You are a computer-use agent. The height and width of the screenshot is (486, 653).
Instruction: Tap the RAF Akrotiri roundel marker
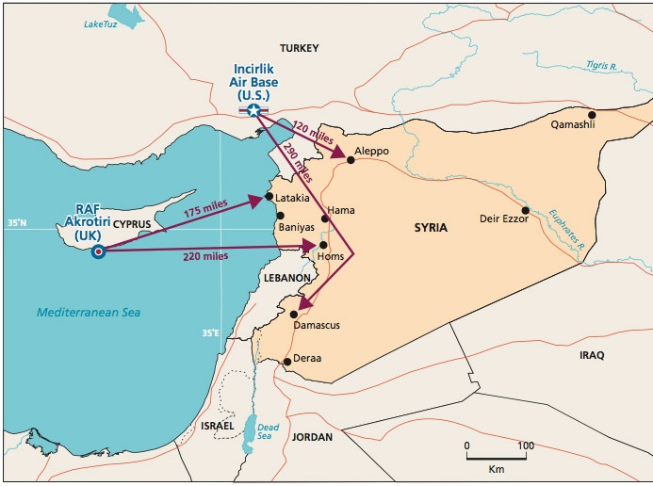[x=98, y=251]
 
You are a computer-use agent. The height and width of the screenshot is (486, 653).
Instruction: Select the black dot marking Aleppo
[x=351, y=160]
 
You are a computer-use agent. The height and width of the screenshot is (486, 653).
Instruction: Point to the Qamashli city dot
[x=592, y=114]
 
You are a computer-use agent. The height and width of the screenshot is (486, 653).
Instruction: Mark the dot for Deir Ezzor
[x=526, y=210]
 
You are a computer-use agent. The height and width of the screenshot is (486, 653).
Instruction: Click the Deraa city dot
[x=286, y=361]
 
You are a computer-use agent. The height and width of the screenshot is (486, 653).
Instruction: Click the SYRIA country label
[x=431, y=228]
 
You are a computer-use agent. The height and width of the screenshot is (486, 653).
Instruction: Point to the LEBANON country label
[x=287, y=279]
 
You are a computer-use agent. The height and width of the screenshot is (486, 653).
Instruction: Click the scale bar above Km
[x=496, y=457]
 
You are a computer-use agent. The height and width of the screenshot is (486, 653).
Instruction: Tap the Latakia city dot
[x=269, y=197]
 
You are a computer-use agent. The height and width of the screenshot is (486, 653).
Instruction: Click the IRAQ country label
[x=592, y=355]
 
